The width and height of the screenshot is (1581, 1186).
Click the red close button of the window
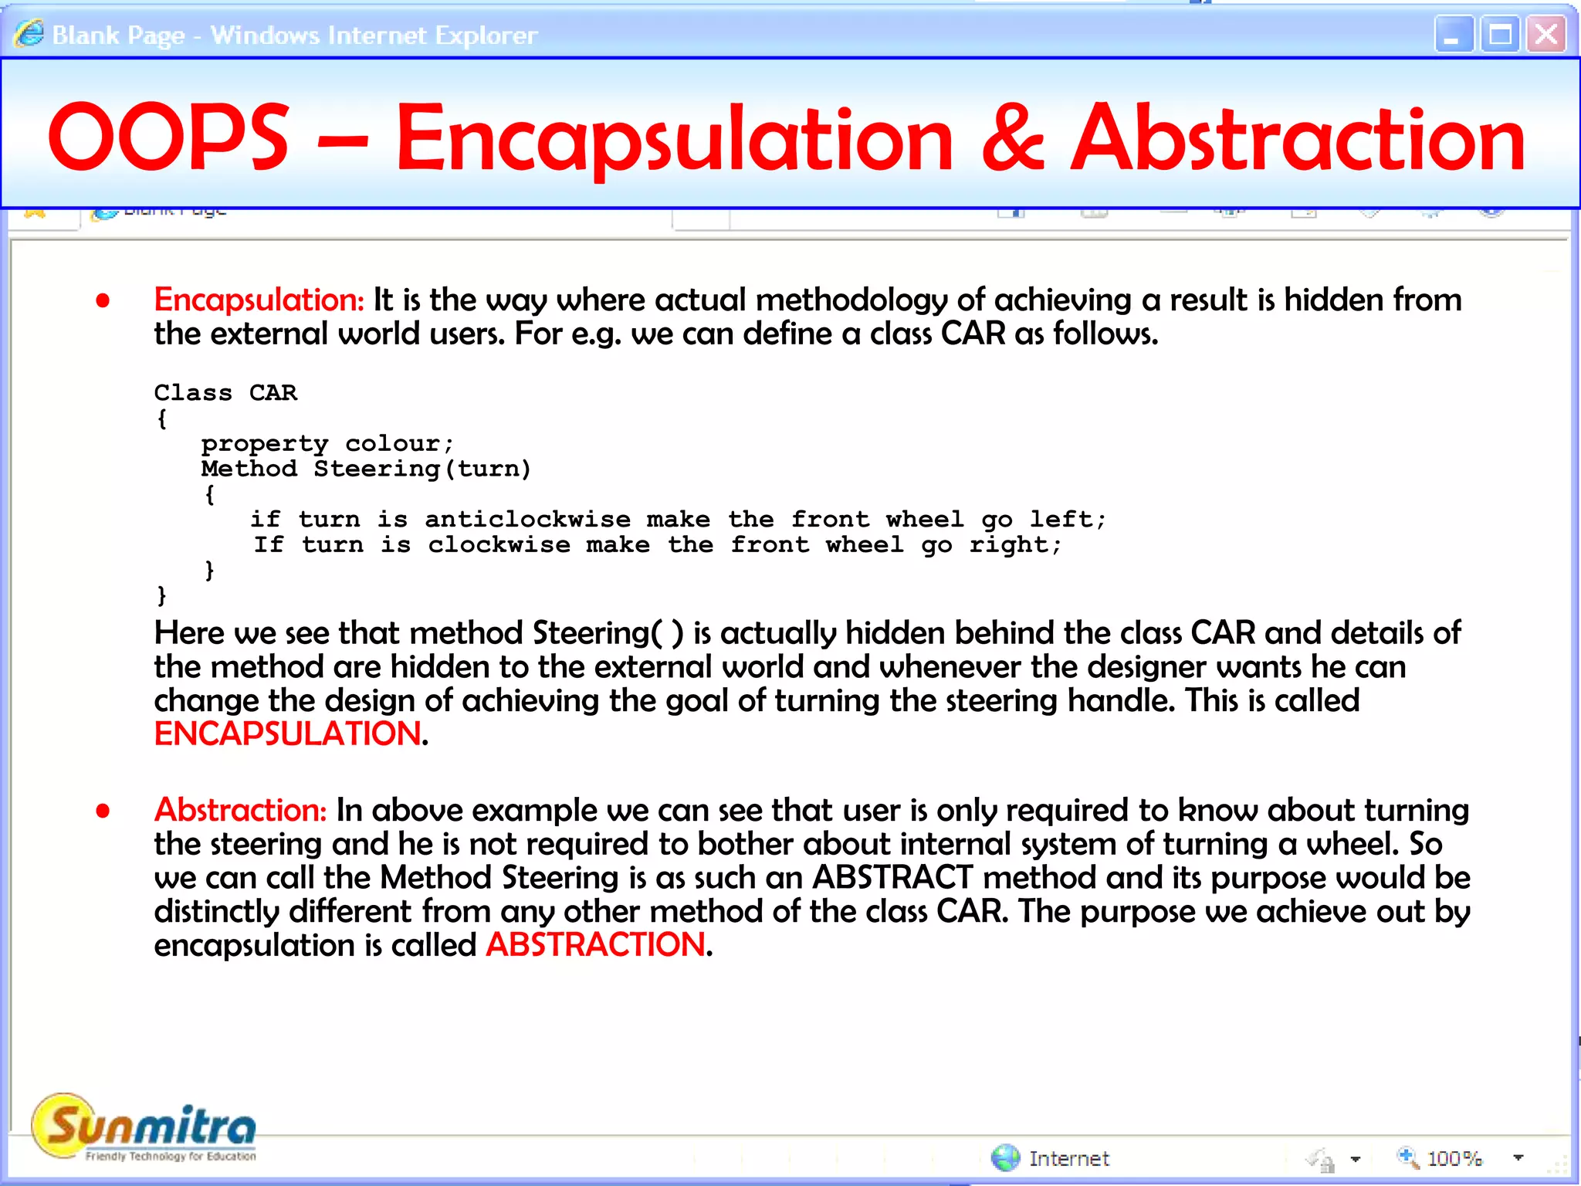pyautogui.click(x=1546, y=35)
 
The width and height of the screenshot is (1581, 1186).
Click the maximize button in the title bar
pyautogui.click(x=1500, y=35)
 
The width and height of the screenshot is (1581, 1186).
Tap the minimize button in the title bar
pyautogui.click(x=1453, y=35)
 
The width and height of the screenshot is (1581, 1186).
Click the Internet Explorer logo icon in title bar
pyautogui.click(x=29, y=34)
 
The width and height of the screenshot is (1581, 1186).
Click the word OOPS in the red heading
pyautogui.click(x=168, y=137)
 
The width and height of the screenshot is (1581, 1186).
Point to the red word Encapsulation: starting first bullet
pyautogui.click(x=259, y=300)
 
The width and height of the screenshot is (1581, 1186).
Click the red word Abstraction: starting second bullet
pyautogui.click(x=241, y=810)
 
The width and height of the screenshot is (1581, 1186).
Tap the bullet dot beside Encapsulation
pyautogui.click(x=103, y=300)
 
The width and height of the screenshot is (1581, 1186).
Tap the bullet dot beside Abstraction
pyautogui.click(x=103, y=811)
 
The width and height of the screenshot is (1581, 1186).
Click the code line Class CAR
pyautogui.click(x=225, y=392)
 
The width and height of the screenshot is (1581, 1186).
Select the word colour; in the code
pyautogui.click(x=399, y=443)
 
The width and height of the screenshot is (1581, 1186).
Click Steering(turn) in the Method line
pyautogui.click(x=422, y=469)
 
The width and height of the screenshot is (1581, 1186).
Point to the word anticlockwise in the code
pyautogui.click(x=527, y=519)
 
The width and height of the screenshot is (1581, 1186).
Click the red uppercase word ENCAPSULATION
pyautogui.click(x=288, y=734)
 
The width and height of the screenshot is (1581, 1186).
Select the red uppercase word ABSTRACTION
pyautogui.click(x=595, y=944)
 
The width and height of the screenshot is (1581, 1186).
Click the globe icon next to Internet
pyautogui.click(x=1005, y=1157)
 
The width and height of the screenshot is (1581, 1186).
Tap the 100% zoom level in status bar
pyautogui.click(x=1454, y=1158)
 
